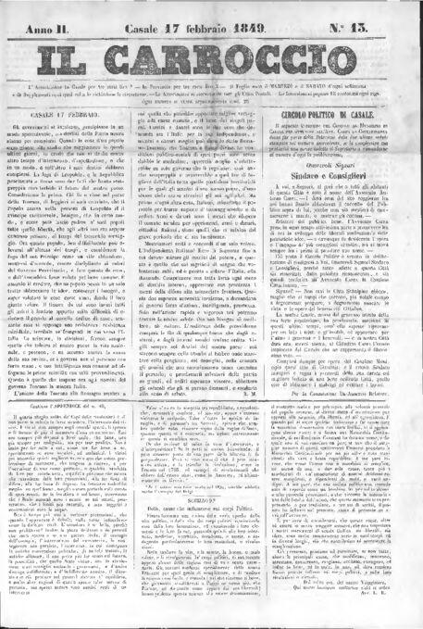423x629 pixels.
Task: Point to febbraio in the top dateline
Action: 230,14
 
